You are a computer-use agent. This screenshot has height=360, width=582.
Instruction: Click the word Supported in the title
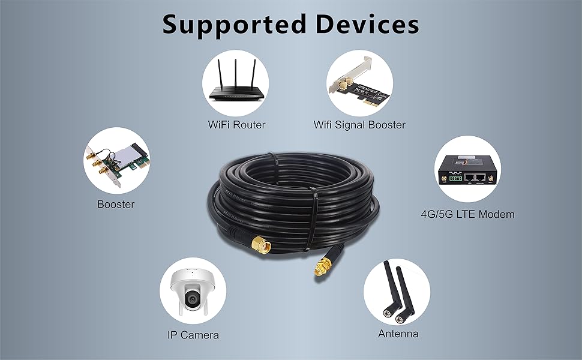point(227,25)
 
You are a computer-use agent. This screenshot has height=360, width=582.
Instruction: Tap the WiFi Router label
point(236,125)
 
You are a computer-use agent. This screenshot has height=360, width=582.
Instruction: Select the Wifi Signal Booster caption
point(359,125)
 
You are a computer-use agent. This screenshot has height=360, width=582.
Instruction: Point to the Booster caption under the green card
point(116,204)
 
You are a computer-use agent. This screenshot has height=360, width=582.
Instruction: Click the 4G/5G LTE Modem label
point(467,214)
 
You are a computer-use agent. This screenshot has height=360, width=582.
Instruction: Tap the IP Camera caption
point(193,335)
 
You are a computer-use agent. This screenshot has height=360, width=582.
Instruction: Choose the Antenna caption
point(398,333)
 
